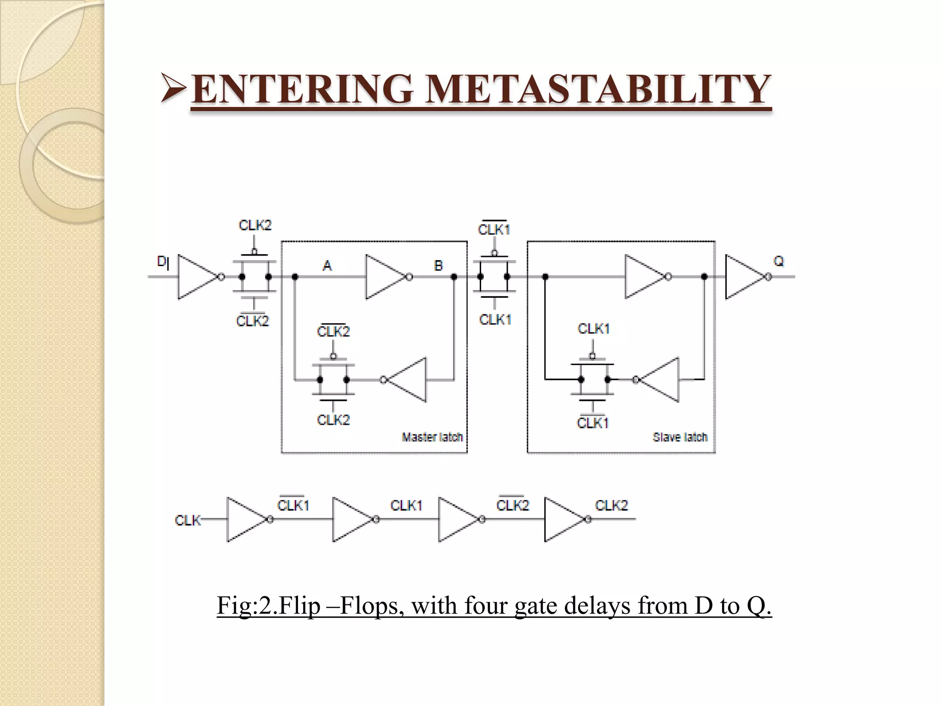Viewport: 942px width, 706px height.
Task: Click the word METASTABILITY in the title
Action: tap(597, 89)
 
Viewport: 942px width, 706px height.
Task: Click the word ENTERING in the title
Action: tap(302, 89)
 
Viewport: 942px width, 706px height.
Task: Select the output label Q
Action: tap(778, 262)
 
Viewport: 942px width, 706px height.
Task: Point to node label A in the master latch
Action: tap(327, 265)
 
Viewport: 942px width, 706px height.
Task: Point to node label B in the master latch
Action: tap(438, 265)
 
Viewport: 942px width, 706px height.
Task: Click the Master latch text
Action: tap(432, 437)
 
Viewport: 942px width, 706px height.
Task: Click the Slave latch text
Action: tap(680, 437)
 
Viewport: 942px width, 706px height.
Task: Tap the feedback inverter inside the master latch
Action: tap(408, 380)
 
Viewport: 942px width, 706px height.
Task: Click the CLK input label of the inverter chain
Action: tap(188, 520)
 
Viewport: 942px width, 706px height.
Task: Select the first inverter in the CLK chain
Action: tap(246, 519)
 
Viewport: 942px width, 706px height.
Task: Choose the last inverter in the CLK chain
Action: tap(563, 519)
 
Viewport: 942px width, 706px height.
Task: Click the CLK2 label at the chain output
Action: tap(611, 505)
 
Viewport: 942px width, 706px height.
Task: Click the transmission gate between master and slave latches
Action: tap(494, 277)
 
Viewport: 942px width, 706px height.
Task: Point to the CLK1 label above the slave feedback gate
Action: tap(593, 329)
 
